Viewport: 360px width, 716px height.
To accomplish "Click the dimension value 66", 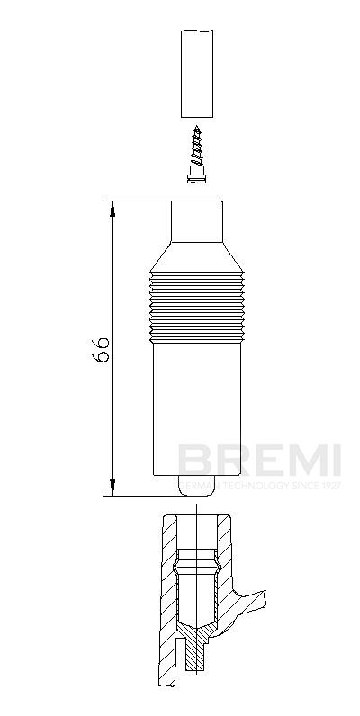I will (103, 349).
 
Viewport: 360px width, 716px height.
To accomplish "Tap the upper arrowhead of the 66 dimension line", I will (113, 208).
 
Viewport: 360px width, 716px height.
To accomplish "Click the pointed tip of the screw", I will (197, 129).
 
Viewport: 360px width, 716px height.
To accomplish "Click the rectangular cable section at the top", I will (198, 73).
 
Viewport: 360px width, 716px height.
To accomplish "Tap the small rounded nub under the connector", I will (197, 486).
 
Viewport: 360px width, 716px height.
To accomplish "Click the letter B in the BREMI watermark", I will (192, 461).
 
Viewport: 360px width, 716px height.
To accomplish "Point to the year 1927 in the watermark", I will (329, 485).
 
